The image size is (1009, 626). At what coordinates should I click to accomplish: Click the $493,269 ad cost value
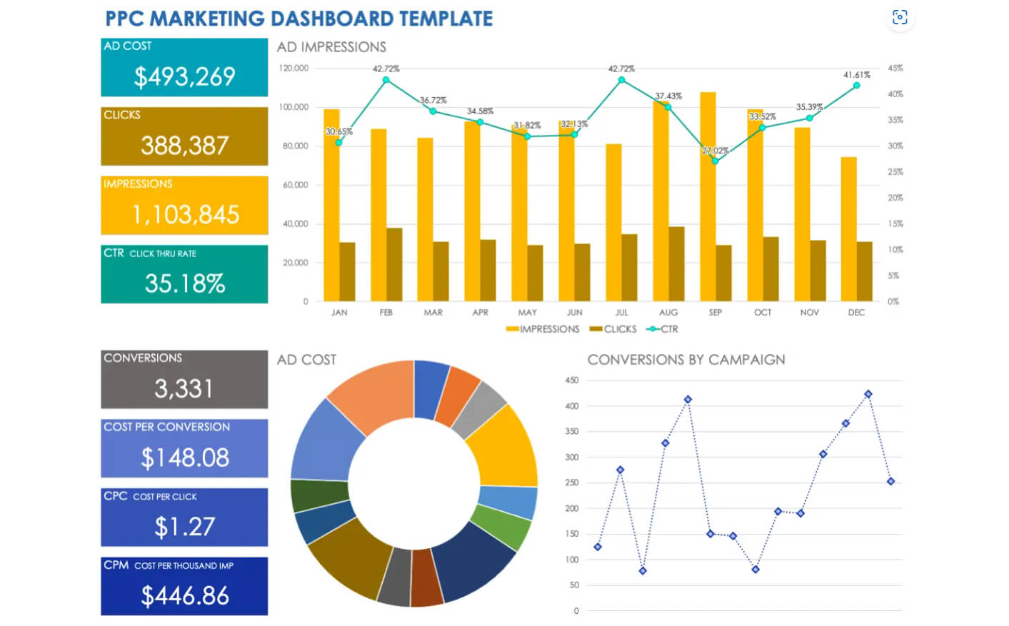184,76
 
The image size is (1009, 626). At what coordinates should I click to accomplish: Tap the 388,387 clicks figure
184,146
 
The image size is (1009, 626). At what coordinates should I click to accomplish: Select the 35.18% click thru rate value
185,283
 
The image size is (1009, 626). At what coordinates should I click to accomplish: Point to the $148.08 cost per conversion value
185,458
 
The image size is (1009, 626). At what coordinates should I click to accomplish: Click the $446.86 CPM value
185,595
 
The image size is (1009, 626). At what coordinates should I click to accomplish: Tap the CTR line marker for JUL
621,80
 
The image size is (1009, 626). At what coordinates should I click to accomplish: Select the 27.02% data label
715,151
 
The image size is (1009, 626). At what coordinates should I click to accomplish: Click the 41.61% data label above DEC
856,75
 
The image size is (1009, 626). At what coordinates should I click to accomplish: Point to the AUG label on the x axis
668,313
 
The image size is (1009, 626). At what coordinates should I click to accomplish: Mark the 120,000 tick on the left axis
293,69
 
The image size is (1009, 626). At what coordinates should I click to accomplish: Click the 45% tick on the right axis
895,69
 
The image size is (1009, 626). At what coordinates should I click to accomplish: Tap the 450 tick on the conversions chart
571,380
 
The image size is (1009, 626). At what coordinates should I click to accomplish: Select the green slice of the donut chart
503,527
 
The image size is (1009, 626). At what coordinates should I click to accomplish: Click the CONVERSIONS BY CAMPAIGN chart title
686,360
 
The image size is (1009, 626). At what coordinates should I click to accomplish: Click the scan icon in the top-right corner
900,17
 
